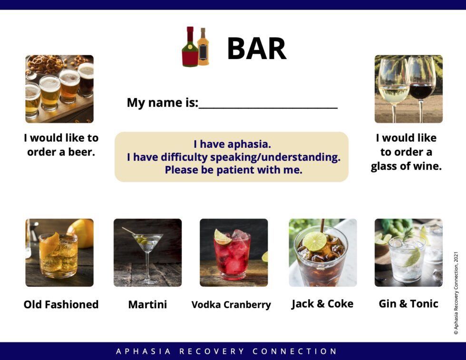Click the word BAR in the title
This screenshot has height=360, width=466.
tap(256, 49)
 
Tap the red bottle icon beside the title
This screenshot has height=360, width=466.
tap(190, 48)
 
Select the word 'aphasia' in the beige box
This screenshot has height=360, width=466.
tap(252, 145)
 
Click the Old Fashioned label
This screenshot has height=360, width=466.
tap(61, 304)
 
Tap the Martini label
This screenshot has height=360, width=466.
tap(147, 304)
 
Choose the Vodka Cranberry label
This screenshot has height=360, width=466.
tap(231, 305)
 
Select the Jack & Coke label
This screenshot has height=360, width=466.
tap(322, 304)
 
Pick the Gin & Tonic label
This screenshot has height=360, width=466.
tap(408, 304)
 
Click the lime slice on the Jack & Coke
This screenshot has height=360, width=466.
tap(315, 241)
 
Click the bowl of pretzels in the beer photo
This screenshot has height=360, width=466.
tap(46, 64)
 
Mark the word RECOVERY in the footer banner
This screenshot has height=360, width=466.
tap(211, 351)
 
